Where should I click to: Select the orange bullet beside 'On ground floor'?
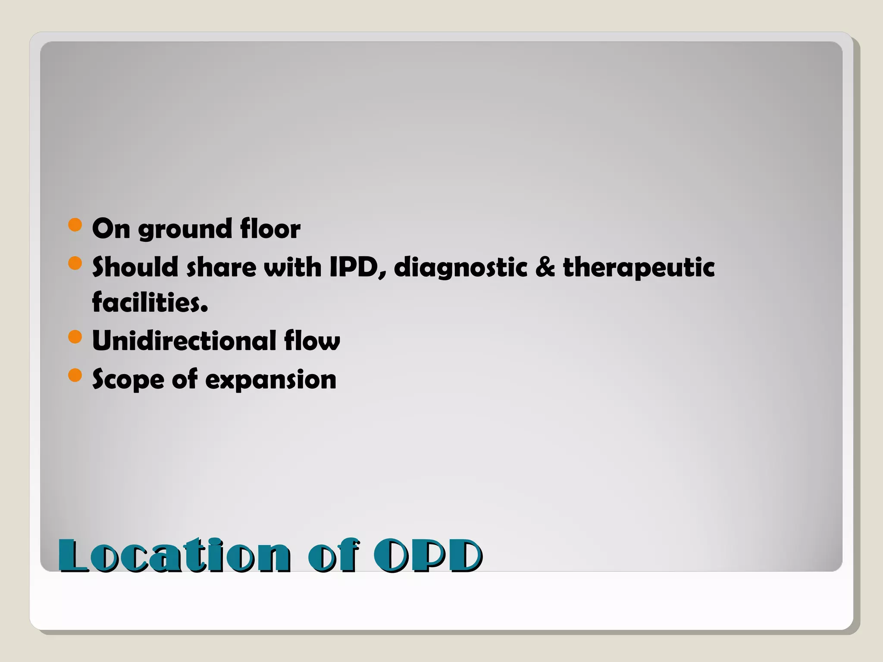pyautogui.click(x=75, y=225)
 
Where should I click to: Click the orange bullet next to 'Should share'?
pyautogui.click(x=75, y=263)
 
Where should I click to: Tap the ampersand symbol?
pyautogui.click(x=545, y=267)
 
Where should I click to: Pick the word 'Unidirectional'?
pyautogui.click(x=184, y=340)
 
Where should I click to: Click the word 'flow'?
pyautogui.click(x=312, y=340)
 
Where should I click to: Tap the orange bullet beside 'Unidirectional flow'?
pyautogui.click(x=75, y=337)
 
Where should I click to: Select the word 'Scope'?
pyautogui.click(x=128, y=380)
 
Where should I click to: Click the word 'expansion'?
pyautogui.click(x=270, y=380)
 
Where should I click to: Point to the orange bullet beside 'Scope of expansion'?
pyautogui.click(x=75, y=375)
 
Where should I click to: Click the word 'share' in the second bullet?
pyautogui.click(x=221, y=267)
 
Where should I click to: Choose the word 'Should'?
pyautogui.click(x=135, y=267)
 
